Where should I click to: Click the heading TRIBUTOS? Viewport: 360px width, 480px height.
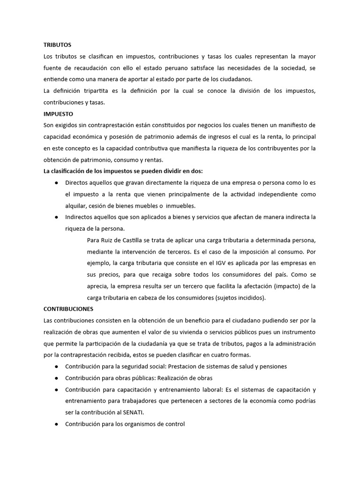point(57,45)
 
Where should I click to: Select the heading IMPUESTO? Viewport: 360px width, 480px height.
point(58,114)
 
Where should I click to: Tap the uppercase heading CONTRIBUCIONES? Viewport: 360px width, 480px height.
point(68,309)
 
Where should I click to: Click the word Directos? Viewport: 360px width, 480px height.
point(76,182)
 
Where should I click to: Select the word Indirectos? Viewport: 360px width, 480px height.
point(79,217)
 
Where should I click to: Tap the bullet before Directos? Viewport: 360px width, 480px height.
point(56,182)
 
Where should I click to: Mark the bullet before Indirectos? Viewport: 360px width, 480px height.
point(56,217)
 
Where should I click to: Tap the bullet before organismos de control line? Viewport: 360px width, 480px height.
point(56,424)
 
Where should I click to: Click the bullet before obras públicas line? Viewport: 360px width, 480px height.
point(56,378)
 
